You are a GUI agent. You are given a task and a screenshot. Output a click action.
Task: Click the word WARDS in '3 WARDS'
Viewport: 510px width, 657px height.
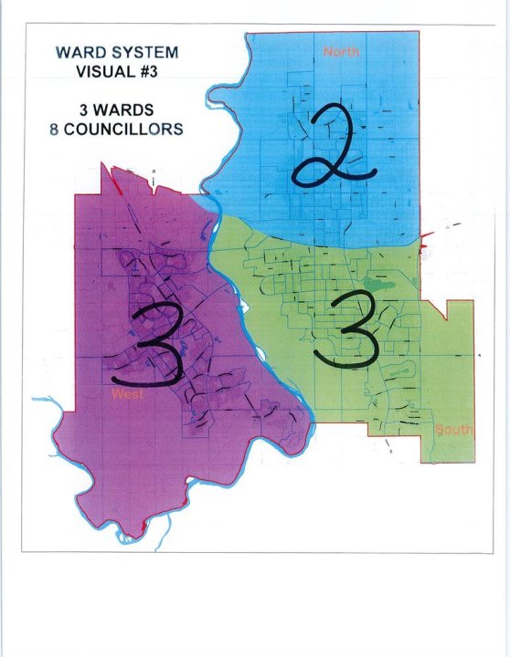click(x=124, y=111)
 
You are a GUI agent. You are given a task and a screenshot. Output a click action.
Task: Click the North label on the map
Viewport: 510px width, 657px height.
click(x=342, y=51)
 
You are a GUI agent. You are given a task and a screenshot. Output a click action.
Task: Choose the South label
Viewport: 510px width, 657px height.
click(x=452, y=429)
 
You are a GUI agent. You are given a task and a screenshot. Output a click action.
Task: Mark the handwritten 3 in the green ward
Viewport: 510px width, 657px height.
click(x=345, y=331)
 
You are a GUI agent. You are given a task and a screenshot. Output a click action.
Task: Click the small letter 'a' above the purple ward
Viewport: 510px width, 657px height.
click(x=155, y=171)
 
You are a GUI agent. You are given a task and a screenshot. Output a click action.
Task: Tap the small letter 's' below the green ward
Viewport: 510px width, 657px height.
click(x=391, y=450)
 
